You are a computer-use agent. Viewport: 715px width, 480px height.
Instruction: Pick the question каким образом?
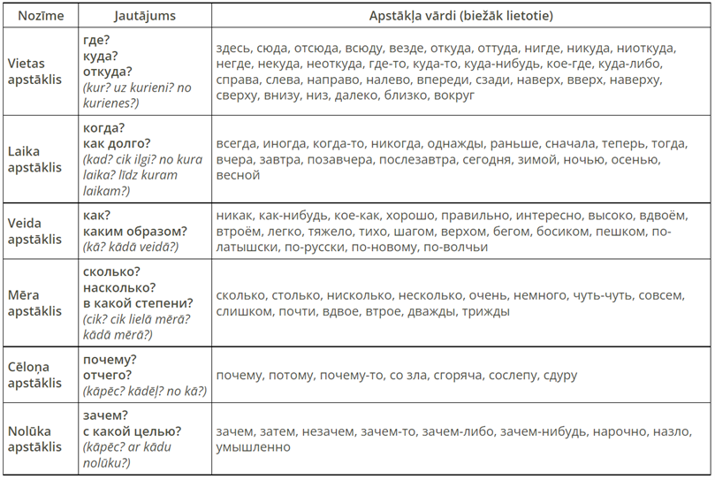(134, 231)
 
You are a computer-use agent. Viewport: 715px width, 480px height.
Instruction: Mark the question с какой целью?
(132, 430)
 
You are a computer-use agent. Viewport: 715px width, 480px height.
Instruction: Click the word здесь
(233, 48)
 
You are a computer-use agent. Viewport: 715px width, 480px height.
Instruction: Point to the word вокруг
(455, 95)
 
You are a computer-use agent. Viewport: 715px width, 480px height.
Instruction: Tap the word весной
(238, 175)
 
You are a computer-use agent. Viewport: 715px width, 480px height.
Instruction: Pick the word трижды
(485, 311)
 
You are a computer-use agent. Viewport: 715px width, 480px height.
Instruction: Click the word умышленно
(252, 447)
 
